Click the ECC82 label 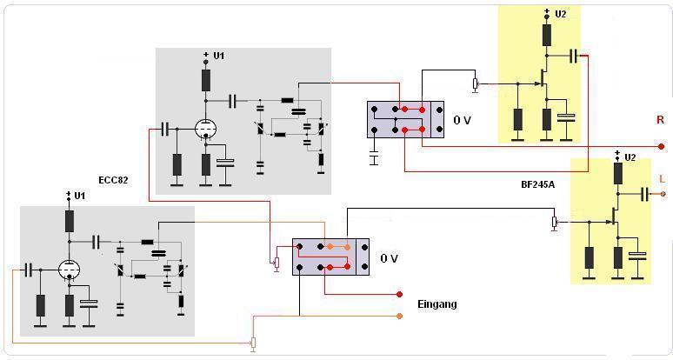tap(113, 180)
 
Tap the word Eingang tap(436, 304)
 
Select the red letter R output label tap(660, 120)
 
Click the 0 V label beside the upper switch tap(462, 120)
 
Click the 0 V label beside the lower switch tap(389, 259)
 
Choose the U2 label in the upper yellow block tap(559, 15)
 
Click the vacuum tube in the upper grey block tap(205, 130)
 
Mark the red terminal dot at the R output tap(661, 146)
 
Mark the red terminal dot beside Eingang tap(399, 293)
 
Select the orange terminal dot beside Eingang tap(399, 315)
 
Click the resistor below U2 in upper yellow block tap(547, 35)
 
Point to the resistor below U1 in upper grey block tap(206, 80)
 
